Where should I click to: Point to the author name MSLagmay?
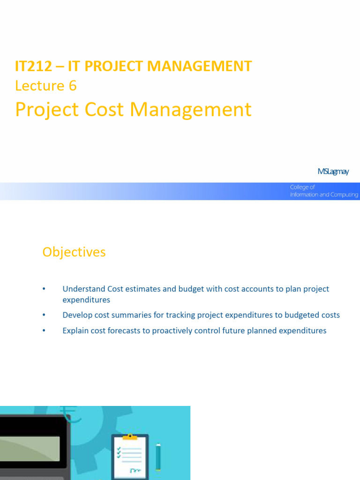[333, 172]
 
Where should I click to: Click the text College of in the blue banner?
[302, 187]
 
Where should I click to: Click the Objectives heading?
[74, 252]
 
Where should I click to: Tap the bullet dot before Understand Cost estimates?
[44, 289]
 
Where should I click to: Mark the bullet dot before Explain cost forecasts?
[44, 331]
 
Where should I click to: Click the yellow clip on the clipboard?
[130, 437]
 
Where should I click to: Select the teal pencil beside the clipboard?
[158, 457]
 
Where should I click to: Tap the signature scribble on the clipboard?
[135, 470]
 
